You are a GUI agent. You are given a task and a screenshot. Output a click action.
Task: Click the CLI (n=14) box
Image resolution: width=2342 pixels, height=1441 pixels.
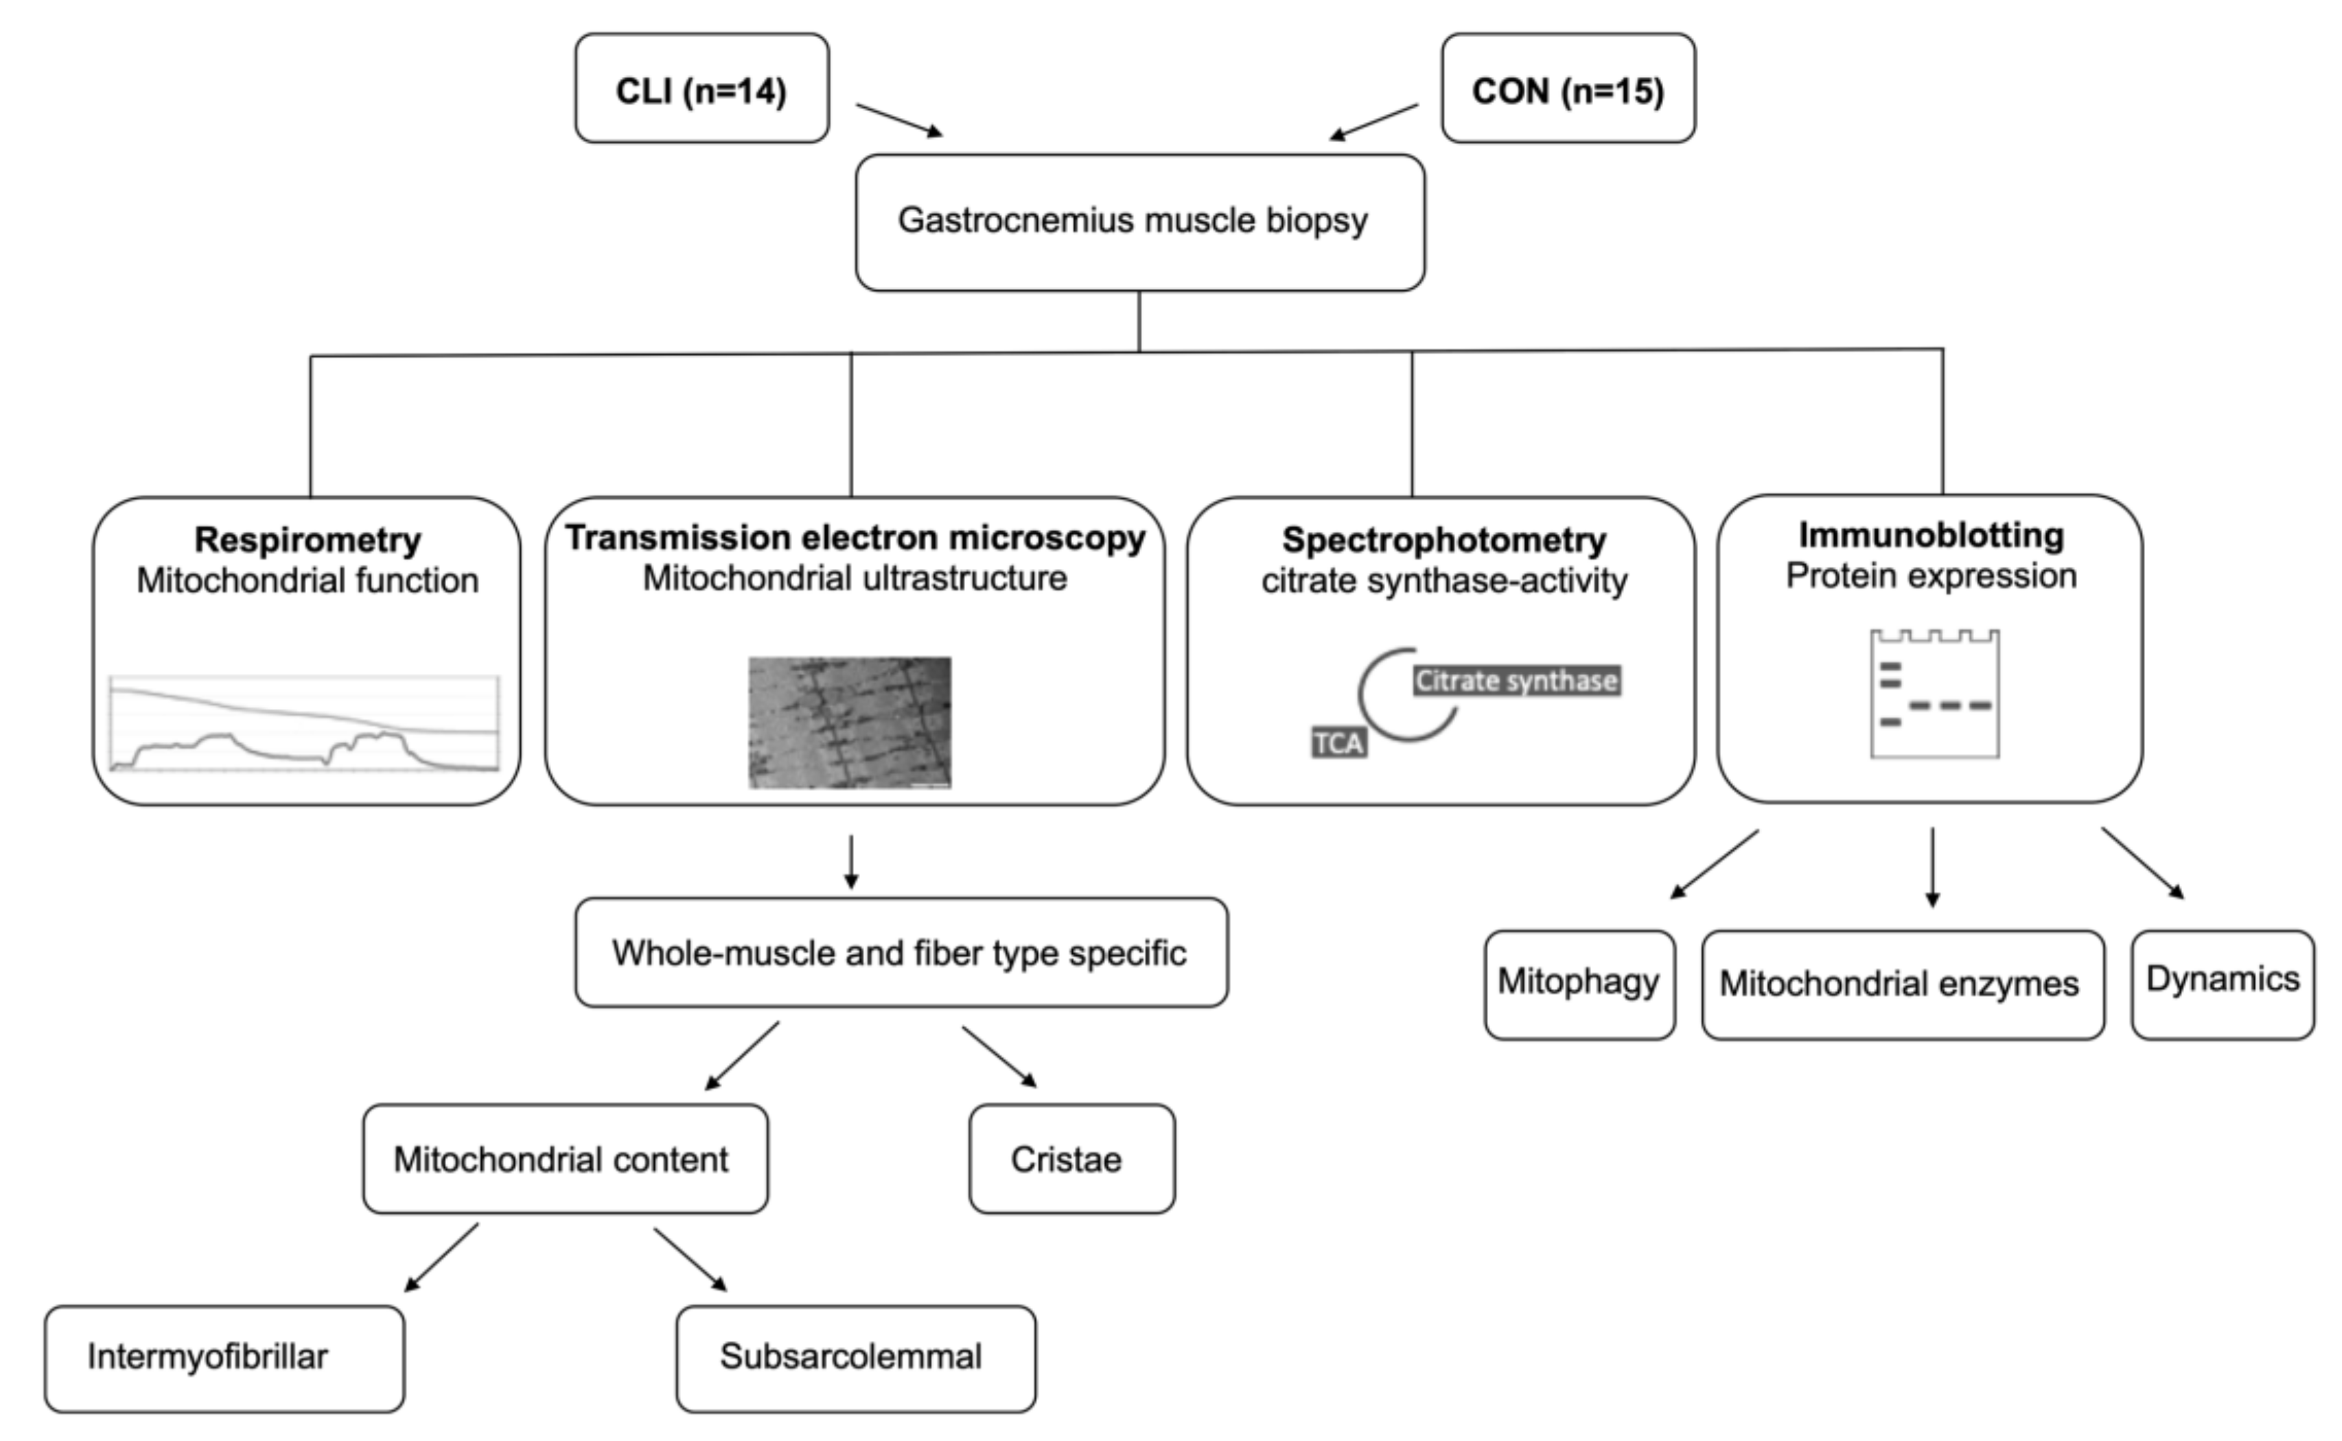tap(702, 89)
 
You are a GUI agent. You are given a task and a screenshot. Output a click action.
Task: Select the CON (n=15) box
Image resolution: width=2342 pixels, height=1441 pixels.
tap(1568, 89)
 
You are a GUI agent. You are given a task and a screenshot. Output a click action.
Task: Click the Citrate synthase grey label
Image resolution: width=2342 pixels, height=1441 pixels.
tap(1516, 681)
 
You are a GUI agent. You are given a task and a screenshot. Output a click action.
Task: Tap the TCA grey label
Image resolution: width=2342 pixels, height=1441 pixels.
tap(1338, 742)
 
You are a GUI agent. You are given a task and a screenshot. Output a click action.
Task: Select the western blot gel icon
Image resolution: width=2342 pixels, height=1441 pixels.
tap(1934, 694)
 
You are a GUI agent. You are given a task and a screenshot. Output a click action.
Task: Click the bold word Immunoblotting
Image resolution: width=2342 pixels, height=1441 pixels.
tap(1931, 536)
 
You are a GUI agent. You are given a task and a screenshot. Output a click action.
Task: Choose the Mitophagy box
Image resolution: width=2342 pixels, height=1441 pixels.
tap(1579, 983)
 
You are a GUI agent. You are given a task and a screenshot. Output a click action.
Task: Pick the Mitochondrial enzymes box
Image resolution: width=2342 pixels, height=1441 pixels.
tap(1901, 983)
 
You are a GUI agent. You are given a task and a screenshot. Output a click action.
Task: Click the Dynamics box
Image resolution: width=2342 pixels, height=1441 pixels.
tap(2222, 983)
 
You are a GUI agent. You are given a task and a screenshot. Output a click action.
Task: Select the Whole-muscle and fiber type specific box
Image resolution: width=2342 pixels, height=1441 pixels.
tap(901, 952)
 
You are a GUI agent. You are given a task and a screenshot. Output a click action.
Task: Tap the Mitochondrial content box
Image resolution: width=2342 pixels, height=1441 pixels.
tap(564, 1159)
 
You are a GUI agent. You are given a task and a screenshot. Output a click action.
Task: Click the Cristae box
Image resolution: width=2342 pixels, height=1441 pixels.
tap(1071, 1159)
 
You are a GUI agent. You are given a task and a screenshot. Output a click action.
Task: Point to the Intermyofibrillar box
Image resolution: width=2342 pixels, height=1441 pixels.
tap(224, 1358)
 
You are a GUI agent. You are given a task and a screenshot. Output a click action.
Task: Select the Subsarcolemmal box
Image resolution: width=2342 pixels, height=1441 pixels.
tap(855, 1358)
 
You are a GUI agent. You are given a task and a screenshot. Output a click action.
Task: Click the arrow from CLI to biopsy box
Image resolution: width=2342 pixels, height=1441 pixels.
tap(899, 120)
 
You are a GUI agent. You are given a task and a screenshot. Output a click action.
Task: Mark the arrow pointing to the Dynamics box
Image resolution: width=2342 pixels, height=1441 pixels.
tap(2142, 863)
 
